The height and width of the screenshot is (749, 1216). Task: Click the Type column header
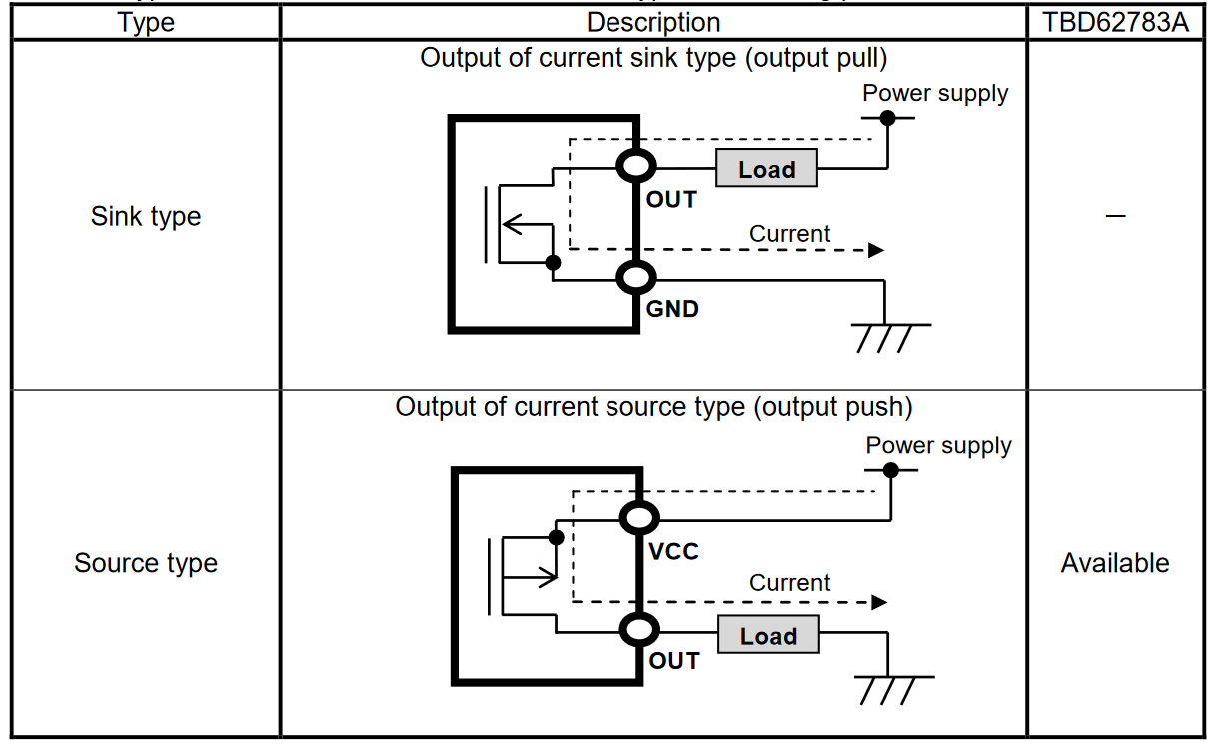pos(146,23)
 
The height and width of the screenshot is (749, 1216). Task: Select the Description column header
pos(653,23)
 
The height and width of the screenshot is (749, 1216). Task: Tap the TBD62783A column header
pos(1116,23)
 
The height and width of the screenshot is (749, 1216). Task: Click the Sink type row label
pos(146,216)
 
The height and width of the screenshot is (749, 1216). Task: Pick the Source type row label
pos(146,563)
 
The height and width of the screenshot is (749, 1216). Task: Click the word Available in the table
pos(1115,563)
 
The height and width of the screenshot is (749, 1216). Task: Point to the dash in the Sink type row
pos(1115,216)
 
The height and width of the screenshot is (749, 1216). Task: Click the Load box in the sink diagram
pos(766,169)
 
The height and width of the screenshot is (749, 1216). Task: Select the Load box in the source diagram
pos(768,636)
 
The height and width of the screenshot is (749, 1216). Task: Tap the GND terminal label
pos(672,309)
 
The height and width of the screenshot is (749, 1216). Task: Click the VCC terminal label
pos(674,551)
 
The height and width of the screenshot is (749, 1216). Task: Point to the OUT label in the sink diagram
pos(671,200)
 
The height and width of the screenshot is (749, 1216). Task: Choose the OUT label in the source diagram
pos(674,661)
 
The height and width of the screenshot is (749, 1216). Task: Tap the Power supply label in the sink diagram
pos(935,93)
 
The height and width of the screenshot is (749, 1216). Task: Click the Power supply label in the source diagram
pos(938,445)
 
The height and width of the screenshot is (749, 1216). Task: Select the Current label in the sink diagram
pos(789,234)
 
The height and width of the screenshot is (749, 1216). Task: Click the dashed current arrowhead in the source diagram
pos(878,602)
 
